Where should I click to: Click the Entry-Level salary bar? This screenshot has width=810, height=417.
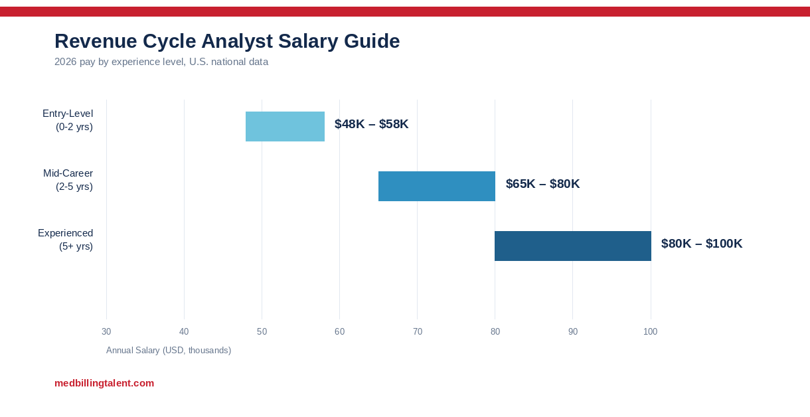tap(285, 126)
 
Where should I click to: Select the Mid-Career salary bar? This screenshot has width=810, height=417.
tap(437, 186)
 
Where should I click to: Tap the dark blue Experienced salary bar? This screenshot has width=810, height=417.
tap(573, 246)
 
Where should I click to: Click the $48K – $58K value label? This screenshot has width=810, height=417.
tap(371, 124)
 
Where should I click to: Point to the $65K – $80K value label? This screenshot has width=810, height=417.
tap(542, 184)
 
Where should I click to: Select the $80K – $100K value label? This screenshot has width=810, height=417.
tap(702, 244)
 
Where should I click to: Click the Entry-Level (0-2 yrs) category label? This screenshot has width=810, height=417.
tap(68, 120)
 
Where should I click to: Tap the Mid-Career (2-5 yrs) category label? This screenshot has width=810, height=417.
tap(68, 180)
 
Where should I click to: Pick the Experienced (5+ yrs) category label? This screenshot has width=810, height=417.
tap(66, 240)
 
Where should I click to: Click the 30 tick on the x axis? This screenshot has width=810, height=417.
tap(106, 331)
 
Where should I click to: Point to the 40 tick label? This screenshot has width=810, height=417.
tap(184, 331)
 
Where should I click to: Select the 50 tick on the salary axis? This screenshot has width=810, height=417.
tap(262, 331)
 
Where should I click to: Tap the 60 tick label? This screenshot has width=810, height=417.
tap(339, 331)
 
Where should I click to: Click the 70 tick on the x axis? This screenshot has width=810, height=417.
tap(418, 331)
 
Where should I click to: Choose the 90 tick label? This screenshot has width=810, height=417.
tap(573, 331)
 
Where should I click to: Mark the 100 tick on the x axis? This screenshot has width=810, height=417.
tap(651, 331)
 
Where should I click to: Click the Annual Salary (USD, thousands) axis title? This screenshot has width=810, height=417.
tap(169, 350)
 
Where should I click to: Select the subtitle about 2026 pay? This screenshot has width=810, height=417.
tap(161, 62)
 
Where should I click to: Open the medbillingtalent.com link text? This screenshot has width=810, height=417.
tap(104, 383)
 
